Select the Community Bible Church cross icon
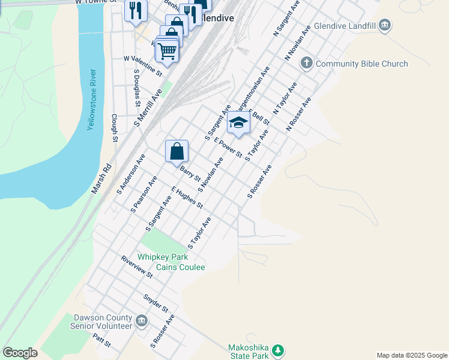tap(306, 63)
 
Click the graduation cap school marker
tap(238, 123)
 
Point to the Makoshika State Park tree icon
tap(277, 349)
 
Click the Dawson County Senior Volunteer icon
tap(142, 321)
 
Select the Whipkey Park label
tap(160, 257)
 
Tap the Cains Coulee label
tap(181, 267)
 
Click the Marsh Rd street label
tap(102, 179)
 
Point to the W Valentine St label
tap(143, 66)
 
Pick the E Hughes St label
tap(187, 197)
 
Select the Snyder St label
tap(155, 303)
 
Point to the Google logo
tap(20, 353)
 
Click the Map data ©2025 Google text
tap(411, 355)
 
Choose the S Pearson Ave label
tap(144, 194)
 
